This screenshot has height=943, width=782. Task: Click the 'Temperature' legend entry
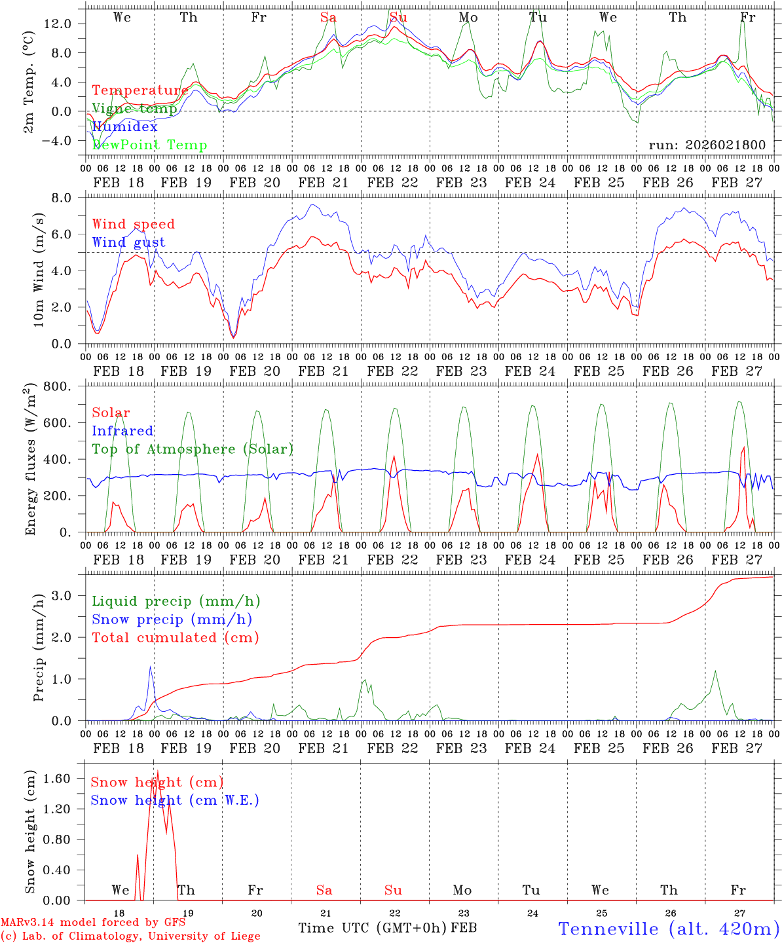[140, 90]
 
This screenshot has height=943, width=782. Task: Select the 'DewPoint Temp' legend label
[149, 145]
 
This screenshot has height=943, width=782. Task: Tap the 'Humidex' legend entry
[124, 126]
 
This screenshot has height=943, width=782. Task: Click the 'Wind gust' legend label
[128, 242]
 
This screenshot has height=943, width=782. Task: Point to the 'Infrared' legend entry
[122, 431]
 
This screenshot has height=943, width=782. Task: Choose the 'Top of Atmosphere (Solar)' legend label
[193, 449]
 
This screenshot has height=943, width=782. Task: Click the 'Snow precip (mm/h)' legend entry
[172, 619]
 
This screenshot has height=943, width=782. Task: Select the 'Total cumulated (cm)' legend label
[176, 637]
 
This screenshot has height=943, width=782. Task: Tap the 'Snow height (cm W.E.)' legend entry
[173, 800]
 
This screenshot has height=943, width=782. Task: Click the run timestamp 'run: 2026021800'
[707, 145]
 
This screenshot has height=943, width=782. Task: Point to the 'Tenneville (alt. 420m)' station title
[668, 929]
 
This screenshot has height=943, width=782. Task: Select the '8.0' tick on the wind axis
[69, 198]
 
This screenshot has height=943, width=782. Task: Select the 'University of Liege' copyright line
[130, 936]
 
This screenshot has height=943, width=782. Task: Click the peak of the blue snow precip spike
[150, 667]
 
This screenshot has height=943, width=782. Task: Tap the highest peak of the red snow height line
[158, 771]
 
